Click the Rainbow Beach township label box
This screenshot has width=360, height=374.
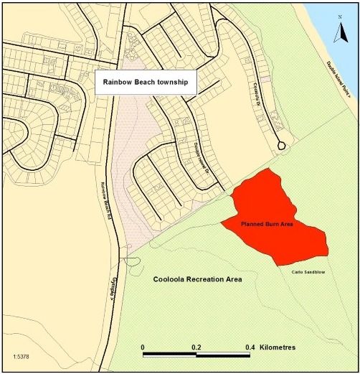click(145, 83)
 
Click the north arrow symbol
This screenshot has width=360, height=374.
click(342, 31)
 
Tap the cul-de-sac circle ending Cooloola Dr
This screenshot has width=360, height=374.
click(282, 145)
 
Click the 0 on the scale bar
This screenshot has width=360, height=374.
click(143, 347)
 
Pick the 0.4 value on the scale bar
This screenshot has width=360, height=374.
click(250, 347)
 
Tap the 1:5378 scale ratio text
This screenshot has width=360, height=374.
click(22, 356)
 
